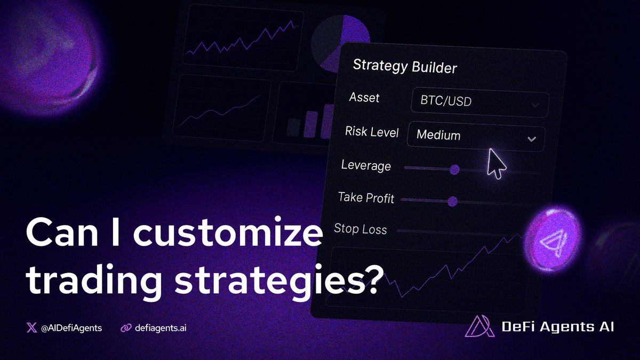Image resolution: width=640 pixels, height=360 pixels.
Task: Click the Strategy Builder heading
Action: tap(405, 67)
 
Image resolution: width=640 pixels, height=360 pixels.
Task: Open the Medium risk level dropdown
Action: tap(475, 136)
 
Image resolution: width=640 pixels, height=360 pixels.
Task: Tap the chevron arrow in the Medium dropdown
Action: tap(531, 139)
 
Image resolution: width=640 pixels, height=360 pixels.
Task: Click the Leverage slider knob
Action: tap(454, 170)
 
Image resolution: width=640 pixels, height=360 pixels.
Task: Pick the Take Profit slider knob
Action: tap(452, 201)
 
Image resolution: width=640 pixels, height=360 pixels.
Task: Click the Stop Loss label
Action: tap(361, 229)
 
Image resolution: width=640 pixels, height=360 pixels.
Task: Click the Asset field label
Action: tap(364, 98)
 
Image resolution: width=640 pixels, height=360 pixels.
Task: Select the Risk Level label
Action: tap(372, 131)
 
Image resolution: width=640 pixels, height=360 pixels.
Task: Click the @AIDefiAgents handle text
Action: tap(71, 327)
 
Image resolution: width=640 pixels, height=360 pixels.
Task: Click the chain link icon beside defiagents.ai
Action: tap(126, 327)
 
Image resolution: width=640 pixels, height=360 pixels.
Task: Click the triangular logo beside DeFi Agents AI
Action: tap(479, 326)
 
